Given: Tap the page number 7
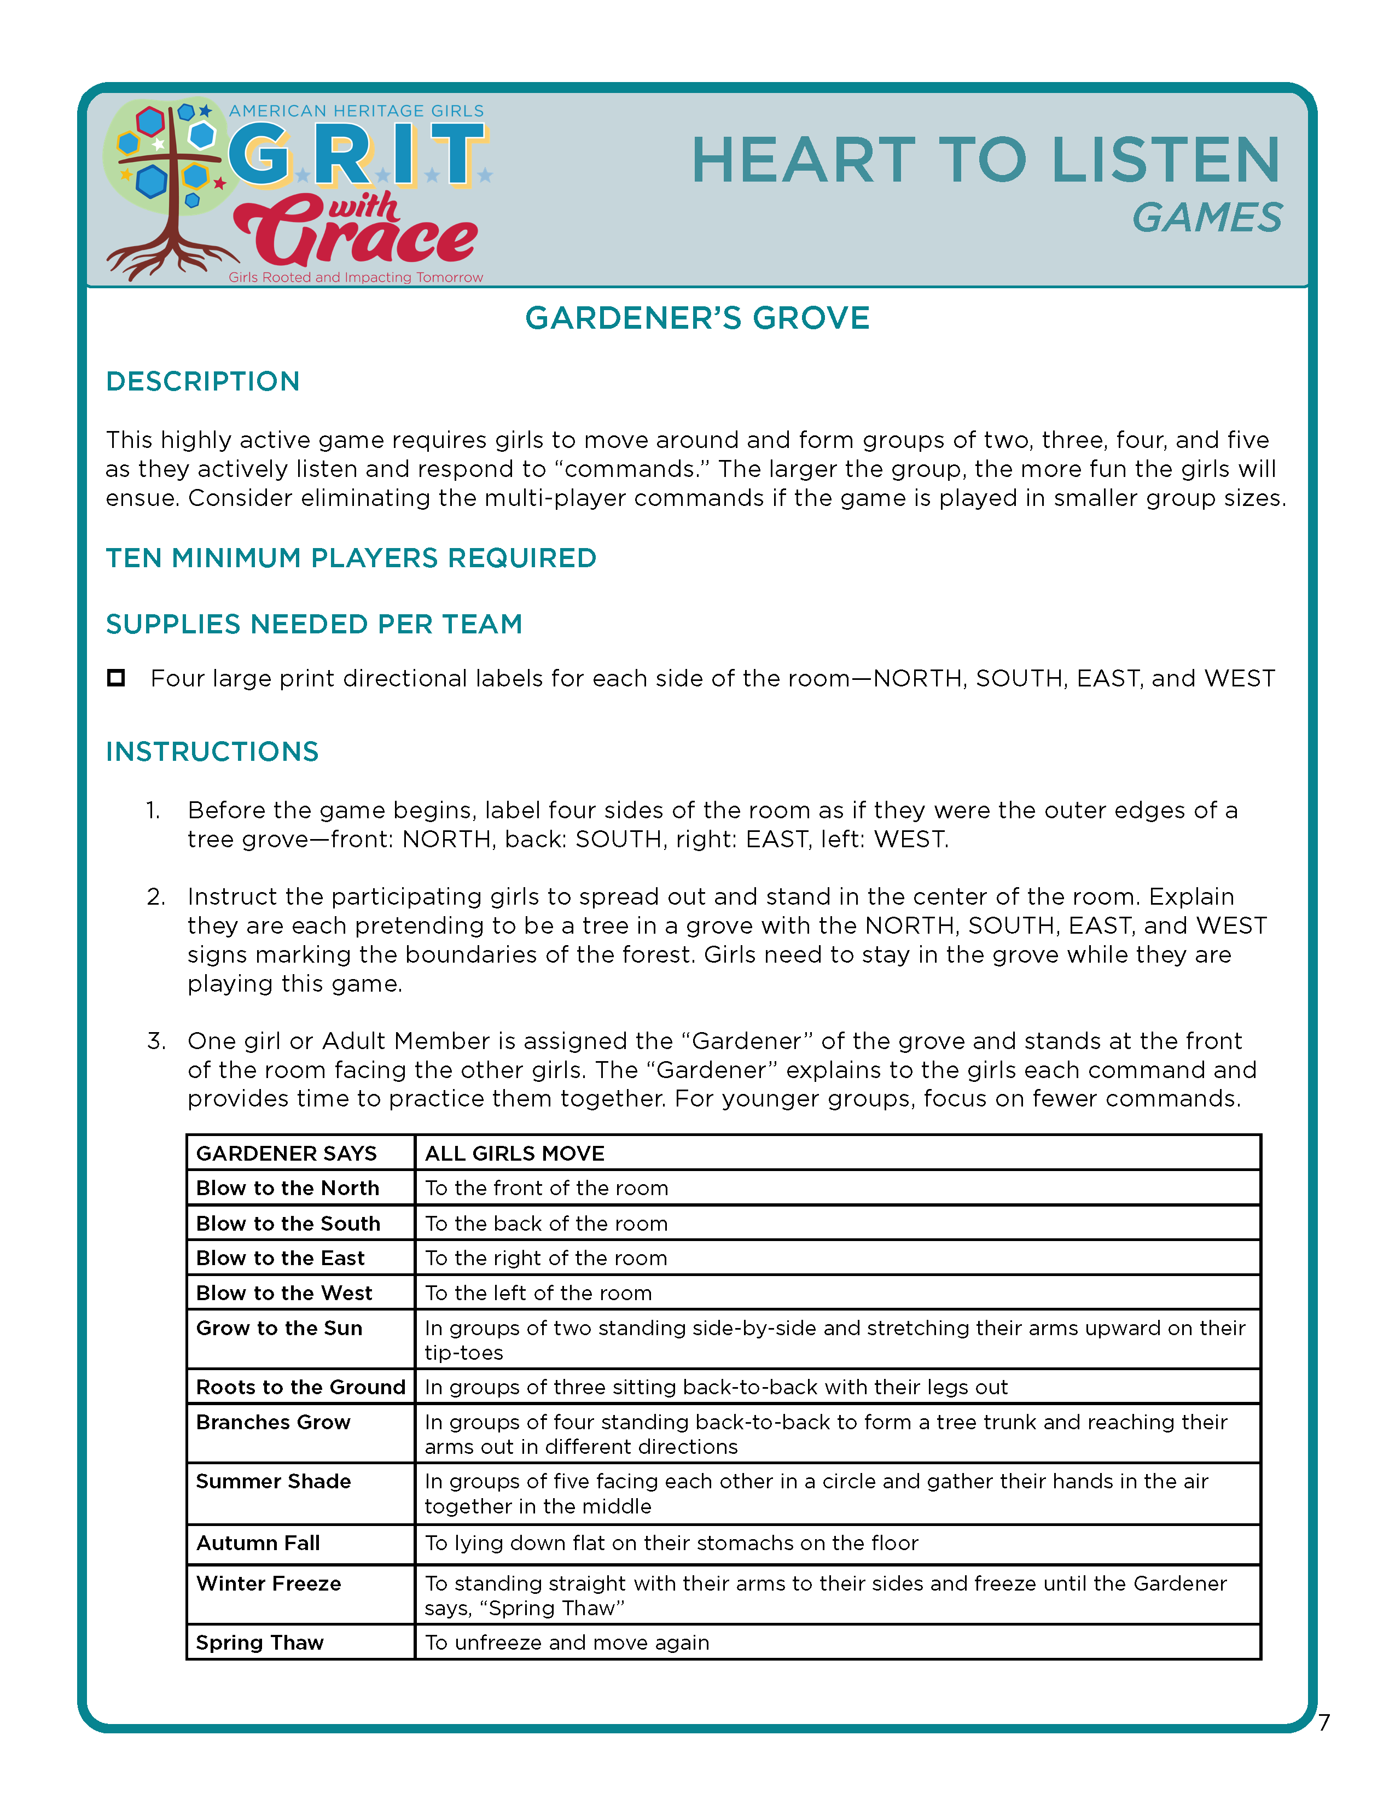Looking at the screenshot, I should pos(1324,1723).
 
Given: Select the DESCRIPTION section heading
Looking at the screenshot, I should pos(202,381).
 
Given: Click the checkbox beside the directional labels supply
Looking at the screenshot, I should pos(116,678).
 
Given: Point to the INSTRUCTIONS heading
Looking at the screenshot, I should pos(212,752).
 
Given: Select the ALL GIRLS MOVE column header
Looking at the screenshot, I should pos(514,1154).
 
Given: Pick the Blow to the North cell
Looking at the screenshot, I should pos(287,1188).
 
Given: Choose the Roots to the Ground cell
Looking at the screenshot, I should pos(300,1387).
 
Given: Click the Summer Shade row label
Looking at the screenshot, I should pos(273,1481).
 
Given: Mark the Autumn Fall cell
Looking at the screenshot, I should pos(258,1543).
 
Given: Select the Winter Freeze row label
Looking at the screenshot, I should pos(268,1584).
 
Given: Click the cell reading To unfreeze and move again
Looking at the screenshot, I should pos(567,1643).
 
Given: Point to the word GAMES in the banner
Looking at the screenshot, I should pos(1207,218).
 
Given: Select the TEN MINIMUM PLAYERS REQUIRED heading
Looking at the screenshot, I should pos(351,558).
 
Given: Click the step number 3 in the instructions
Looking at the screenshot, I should pos(156,1041).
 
